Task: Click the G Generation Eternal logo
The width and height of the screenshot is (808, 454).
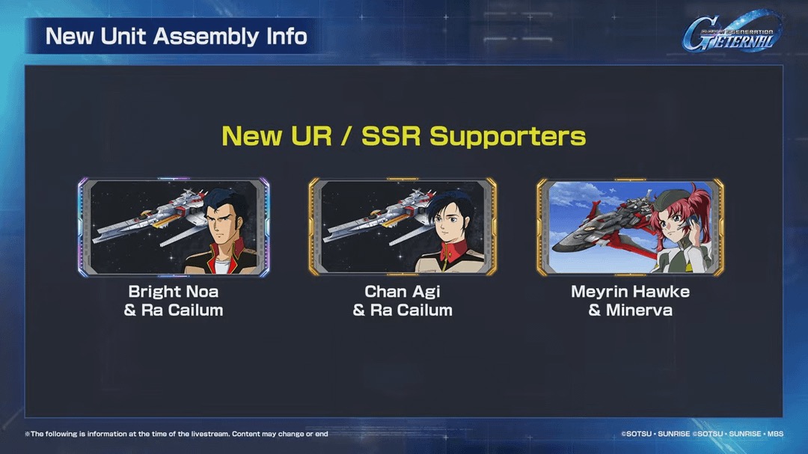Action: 732,32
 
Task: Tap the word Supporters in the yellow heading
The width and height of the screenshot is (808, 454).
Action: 507,136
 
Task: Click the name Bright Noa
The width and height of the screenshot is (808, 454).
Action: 173,292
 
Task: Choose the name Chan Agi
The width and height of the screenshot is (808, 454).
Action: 403,292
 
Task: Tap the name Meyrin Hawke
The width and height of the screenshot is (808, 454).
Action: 630,292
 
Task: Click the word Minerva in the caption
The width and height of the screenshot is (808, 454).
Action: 639,310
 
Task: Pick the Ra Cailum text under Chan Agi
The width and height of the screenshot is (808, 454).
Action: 411,310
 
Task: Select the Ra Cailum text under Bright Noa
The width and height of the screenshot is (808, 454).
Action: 182,310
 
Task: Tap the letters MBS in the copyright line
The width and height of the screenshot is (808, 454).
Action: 775,434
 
